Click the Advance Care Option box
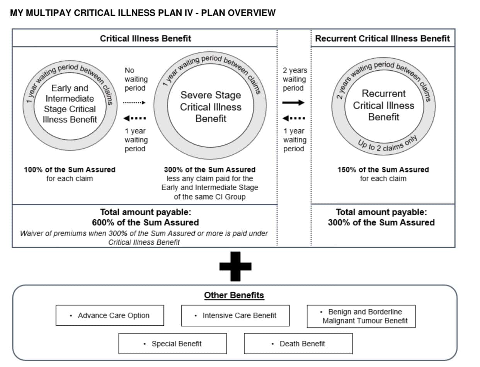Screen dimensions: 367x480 click(x=110, y=315)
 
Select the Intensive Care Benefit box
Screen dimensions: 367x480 click(x=235, y=315)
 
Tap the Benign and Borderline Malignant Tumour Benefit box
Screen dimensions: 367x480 click(x=361, y=316)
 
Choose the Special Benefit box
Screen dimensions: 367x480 click(x=172, y=343)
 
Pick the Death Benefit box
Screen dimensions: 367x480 click(x=298, y=343)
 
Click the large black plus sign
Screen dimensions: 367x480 click(x=235, y=266)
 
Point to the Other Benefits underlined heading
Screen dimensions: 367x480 click(x=234, y=295)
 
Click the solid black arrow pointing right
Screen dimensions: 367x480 click(x=293, y=103)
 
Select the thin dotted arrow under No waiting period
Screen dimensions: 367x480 click(x=134, y=103)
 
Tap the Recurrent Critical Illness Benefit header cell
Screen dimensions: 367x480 click(x=382, y=38)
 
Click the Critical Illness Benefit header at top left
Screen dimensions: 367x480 click(x=145, y=38)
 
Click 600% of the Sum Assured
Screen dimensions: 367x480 click(x=145, y=222)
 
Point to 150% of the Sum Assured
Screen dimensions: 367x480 click(x=383, y=169)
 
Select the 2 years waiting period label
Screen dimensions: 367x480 click(x=294, y=79)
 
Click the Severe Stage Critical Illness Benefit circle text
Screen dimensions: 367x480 click(x=211, y=107)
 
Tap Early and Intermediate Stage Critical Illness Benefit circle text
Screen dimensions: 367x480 click(x=70, y=103)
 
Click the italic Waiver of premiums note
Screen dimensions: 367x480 click(x=144, y=238)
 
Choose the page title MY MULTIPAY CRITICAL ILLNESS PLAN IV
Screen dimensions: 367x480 click(x=143, y=13)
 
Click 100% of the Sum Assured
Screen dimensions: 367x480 click(x=70, y=169)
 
